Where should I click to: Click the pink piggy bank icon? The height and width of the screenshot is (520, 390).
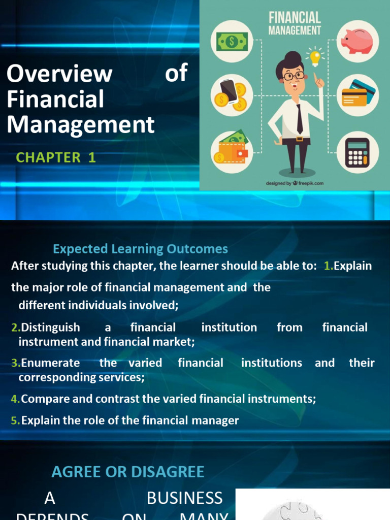[356, 41]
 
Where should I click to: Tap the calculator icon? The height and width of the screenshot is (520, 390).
[357, 152]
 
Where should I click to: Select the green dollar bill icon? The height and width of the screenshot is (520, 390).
[232, 41]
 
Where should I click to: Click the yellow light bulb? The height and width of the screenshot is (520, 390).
[315, 57]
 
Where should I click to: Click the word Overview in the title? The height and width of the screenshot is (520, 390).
[59, 74]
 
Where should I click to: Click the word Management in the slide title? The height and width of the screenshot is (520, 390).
[80, 124]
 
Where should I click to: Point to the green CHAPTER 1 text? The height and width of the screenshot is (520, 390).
[56, 157]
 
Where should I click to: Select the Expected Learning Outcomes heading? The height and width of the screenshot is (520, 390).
[141, 249]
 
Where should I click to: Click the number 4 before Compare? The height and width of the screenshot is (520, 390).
[14, 399]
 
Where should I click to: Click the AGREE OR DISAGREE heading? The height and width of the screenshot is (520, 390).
[127, 472]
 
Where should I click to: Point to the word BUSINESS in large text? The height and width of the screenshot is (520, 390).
[184, 498]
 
